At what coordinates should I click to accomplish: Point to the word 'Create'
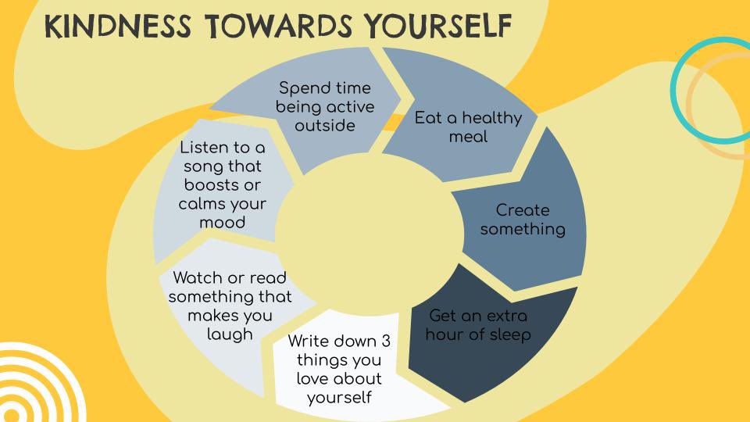tap(523, 210)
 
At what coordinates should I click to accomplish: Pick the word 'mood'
tap(222, 222)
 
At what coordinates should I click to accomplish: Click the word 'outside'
tap(325, 125)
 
